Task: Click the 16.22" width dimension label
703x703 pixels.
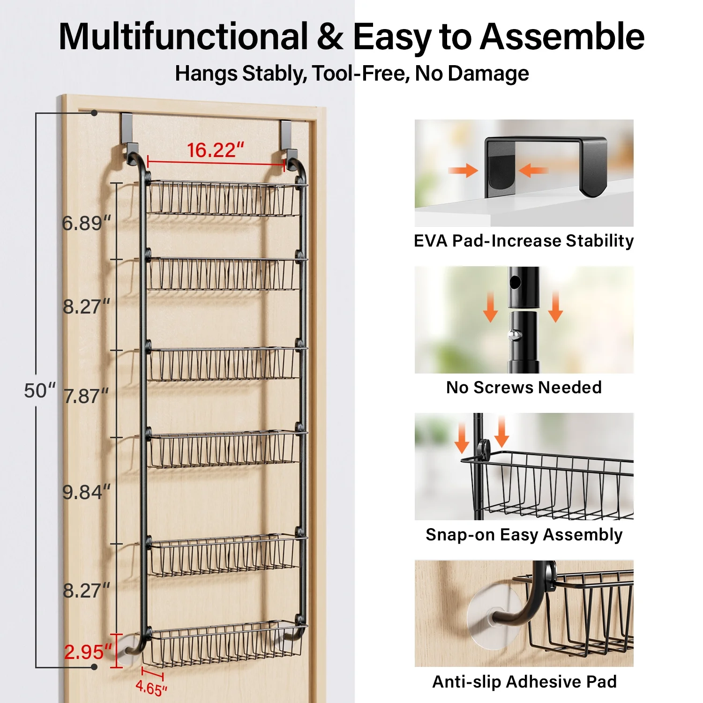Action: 216,150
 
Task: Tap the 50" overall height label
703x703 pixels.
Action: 39,390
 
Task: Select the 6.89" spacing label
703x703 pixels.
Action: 87,223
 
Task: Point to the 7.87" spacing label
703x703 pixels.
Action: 86,396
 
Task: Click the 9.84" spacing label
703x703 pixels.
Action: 87,492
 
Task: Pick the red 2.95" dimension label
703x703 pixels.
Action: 88,652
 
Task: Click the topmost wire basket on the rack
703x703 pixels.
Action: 224,198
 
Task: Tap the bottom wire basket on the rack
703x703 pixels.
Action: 224,643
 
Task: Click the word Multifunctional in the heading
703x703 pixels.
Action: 183,37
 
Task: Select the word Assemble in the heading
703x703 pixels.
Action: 562,37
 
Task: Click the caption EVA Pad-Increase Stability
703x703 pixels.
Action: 524,241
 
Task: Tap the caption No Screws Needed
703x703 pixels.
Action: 524,388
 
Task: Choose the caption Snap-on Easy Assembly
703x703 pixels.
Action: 524,535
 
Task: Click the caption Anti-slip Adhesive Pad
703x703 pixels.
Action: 524,681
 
